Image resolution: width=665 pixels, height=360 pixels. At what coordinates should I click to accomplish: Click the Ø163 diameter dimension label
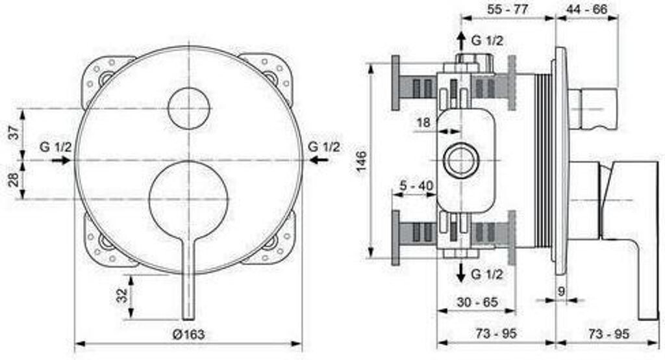[x=188, y=335]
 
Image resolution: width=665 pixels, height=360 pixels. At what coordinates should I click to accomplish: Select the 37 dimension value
[x=15, y=133]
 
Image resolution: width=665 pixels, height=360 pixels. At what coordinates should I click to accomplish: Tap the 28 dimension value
[x=15, y=179]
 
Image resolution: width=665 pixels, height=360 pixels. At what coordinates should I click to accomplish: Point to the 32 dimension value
[x=121, y=295]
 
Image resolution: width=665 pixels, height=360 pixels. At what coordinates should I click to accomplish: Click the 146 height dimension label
[x=361, y=161]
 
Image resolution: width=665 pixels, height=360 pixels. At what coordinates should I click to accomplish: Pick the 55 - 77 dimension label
[x=507, y=9]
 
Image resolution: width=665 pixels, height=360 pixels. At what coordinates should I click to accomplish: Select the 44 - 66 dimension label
[x=587, y=9]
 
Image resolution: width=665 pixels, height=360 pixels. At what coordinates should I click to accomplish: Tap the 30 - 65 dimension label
[x=477, y=302]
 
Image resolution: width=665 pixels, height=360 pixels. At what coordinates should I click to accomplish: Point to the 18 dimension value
[x=423, y=123]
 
